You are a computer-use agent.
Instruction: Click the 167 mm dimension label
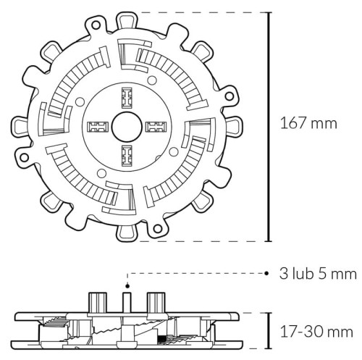(308, 123)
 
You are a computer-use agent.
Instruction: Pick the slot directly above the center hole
(126, 97)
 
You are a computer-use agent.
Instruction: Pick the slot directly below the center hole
(126, 154)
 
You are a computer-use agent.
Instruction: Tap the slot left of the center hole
(97, 127)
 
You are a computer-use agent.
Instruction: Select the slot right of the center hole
(155, 127)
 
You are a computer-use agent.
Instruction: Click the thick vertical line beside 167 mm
(269, 127)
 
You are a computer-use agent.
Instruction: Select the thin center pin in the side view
(127, 299)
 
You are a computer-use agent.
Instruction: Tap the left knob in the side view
(96, 301)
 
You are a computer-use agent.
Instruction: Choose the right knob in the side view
(155, 301)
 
